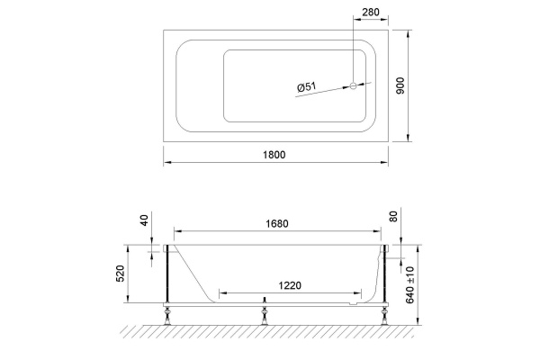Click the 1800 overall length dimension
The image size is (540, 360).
pyautogui.click(x=275, y=155)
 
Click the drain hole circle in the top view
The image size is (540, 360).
pyautogui.click(x=354, y=87)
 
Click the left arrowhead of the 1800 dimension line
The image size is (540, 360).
pyautogui.click(x=166, y=164)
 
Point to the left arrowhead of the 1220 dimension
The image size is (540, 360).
pyautogui.click(x=222, y=293)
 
